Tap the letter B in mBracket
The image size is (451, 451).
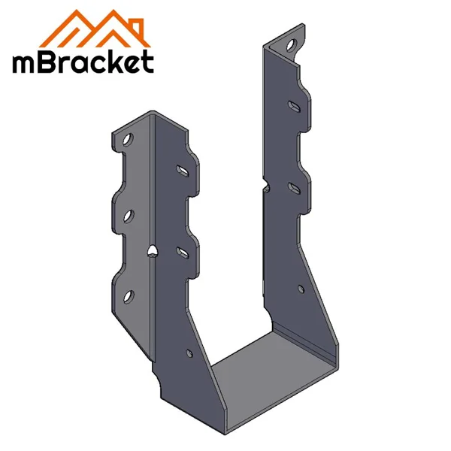click(47, 62)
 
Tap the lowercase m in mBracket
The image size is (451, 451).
click(23, 64)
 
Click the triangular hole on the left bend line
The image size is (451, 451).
click(153, 250)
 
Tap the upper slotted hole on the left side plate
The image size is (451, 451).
click(182, 171)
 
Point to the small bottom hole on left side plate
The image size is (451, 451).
click(188, 350)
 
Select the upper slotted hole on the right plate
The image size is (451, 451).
click(293, 105)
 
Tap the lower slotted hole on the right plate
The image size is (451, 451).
click(293, 185)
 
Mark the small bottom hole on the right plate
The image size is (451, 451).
click(301, 286)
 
